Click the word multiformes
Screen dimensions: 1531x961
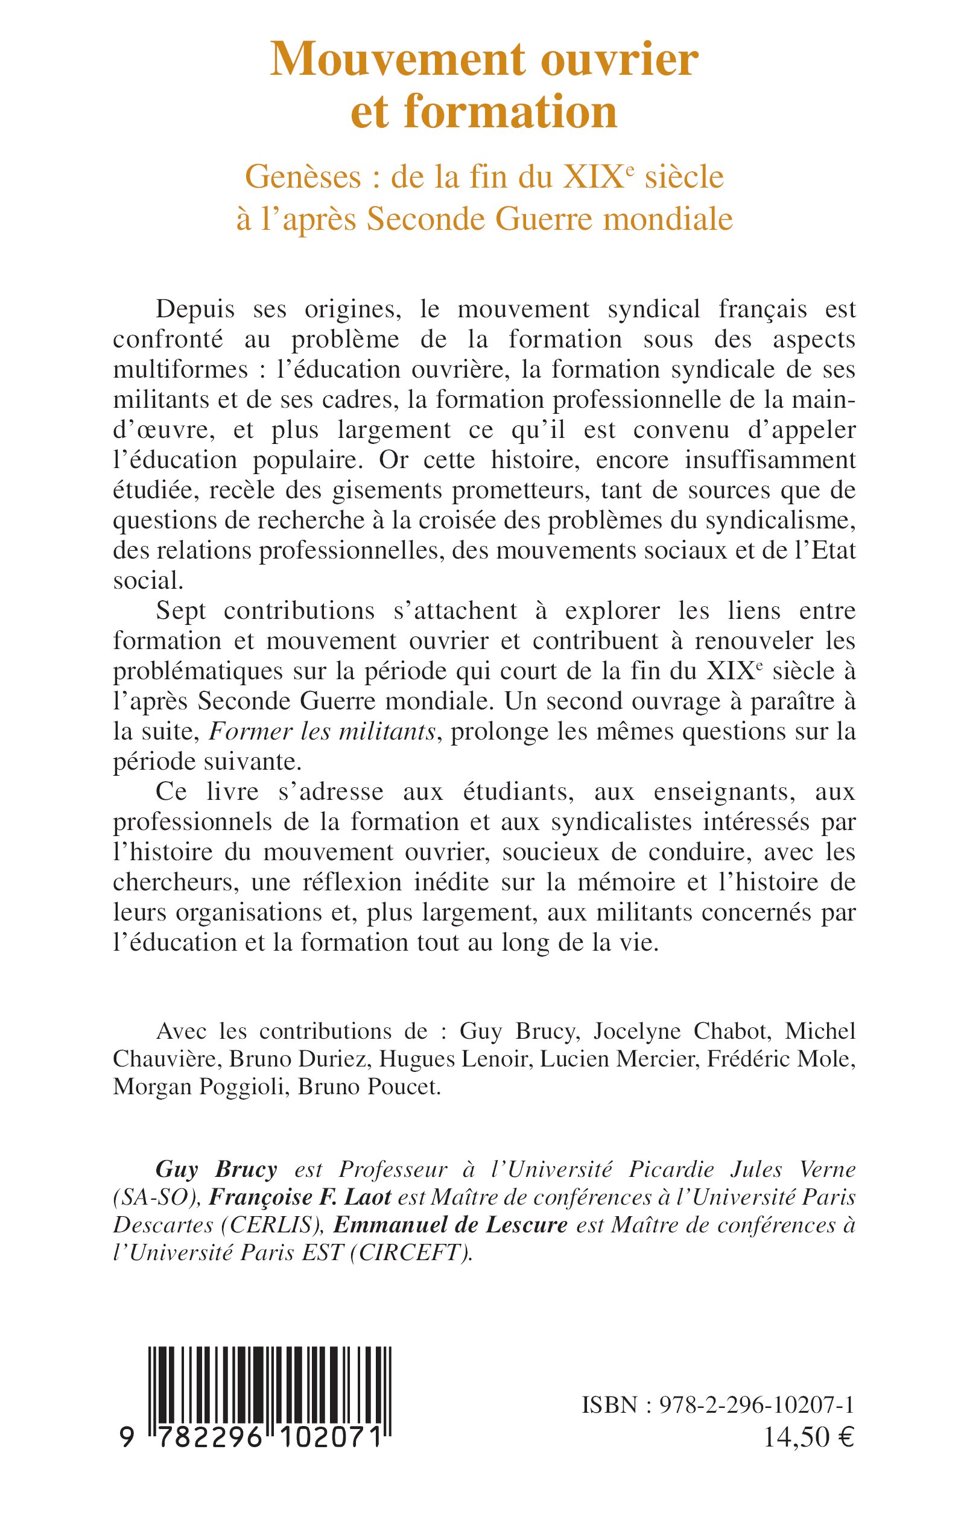185,370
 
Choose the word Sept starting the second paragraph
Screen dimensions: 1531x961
180,610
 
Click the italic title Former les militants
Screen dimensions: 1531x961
322,732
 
